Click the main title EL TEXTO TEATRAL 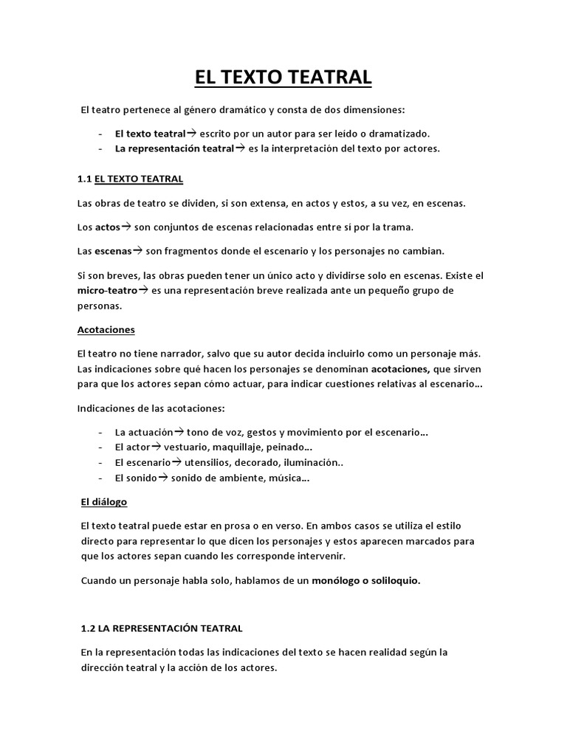283,77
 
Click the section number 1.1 85,179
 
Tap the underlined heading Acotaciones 106,329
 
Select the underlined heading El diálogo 103,502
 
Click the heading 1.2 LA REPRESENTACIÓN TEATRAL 162,628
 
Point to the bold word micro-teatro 107,291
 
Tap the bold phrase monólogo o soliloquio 366,580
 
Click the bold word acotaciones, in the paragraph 399,368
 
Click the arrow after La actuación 178,431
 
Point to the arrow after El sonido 163,478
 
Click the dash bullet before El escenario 100,463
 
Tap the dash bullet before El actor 100,447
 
